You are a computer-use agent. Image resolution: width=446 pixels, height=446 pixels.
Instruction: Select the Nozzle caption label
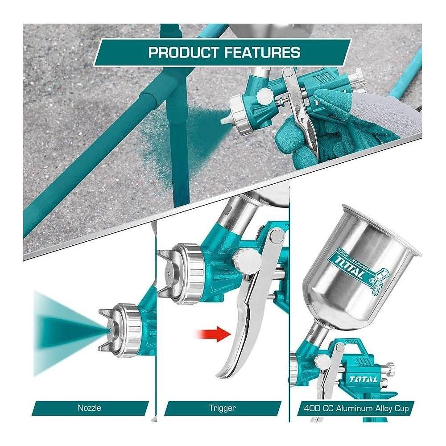click(x=90, y=408)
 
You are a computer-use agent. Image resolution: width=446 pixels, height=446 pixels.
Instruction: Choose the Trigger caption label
click(x=223, y=408)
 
